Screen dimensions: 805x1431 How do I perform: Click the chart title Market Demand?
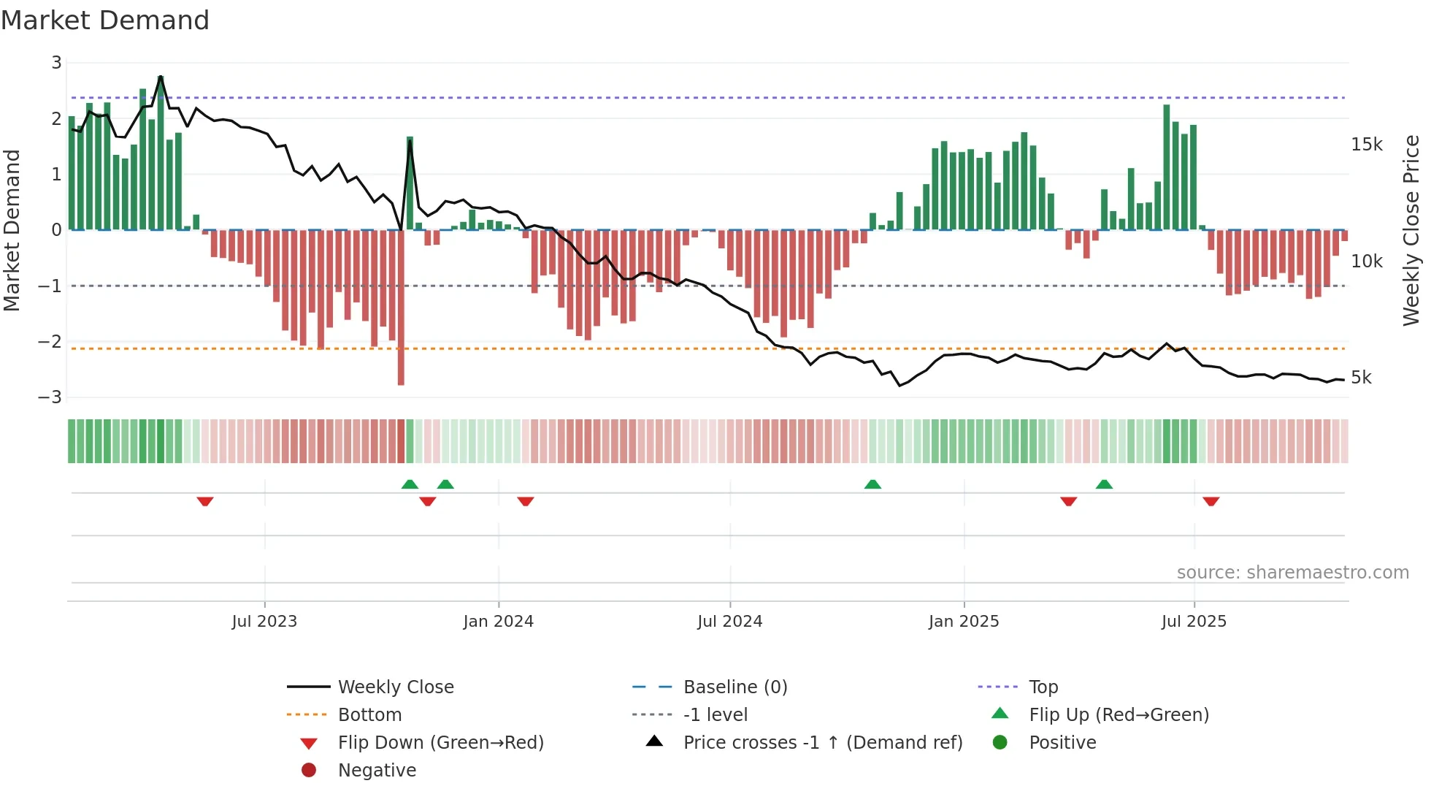[x=105, y=20]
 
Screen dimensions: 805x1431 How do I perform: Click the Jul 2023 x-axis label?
[x=264, y=622]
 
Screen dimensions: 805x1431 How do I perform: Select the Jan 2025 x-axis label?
[x=964, y=622]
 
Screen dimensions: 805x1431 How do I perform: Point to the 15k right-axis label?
[x=1366, y=145]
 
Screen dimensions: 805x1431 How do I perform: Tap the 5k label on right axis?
[x=1361, y=378]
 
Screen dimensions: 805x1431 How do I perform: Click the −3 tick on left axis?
[x=50, y=397]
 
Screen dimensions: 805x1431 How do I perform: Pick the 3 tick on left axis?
[x=56, y=63]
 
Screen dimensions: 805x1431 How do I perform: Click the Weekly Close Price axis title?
[x=1411, y=230]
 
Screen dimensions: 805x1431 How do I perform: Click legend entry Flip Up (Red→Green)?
[x=1119, y=715]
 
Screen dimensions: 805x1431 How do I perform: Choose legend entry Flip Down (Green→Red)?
[x=440, y=743]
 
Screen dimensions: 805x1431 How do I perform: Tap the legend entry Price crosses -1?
[x=822, y=743]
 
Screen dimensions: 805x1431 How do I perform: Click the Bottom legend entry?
[x=369, y=715]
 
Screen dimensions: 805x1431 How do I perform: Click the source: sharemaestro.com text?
[x=1292, y=573]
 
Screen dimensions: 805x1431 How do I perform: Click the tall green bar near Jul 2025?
[x=1167, y=168]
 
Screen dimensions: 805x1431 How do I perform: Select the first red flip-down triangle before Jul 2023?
[x=205, y=501]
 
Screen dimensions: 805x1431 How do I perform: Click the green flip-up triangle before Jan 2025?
[x=872, y=484]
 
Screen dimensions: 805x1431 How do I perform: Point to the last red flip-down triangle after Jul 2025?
[x=1211, y=501]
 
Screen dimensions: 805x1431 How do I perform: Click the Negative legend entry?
[x=377, y=771]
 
